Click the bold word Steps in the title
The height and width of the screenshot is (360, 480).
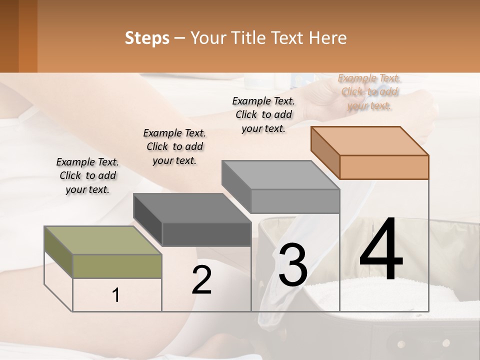tap(147, 38)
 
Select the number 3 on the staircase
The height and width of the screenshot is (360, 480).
tap(293, 265)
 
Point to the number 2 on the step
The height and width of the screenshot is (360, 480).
tap(201, 280)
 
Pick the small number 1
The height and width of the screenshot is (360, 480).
tap(116, 295)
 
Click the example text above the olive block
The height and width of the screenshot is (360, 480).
tap(87, 175)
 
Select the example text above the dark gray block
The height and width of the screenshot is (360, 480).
tap(174, 146)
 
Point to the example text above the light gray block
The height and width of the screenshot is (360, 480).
tap(263, 114)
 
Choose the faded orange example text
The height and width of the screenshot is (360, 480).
tap(369, 91)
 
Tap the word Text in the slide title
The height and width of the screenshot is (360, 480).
tap(289, 38)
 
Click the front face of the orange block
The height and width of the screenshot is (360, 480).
tap(384, 167)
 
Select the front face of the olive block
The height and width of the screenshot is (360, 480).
tap(117, 266)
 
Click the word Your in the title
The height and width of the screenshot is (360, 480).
tap(207, 38)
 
